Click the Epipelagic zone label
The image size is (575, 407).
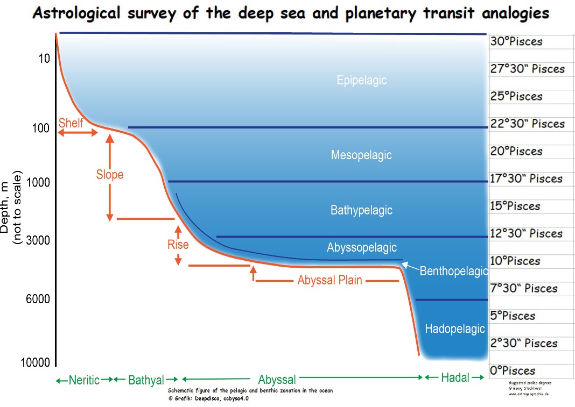click(x=362, y=81)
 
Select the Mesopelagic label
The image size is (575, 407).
click(x=361, y=155)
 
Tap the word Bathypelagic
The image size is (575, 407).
click(x=361, y=210)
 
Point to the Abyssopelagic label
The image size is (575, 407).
click(x=361, y=247)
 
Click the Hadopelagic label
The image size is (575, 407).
click(x=455, y=329)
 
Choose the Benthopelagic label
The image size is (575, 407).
click(x=453, y=271)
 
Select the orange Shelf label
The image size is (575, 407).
click(x=71, y=123)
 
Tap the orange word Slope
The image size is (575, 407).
click(x=110, y=175)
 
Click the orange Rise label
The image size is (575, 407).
click(x=178, y=245)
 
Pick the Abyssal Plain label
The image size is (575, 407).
click(x=329, y=280)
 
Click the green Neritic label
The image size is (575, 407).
click(x=84, y=380)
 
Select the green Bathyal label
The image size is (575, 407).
click(x=146, y=380)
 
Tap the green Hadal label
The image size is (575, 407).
click(x=455, y=377)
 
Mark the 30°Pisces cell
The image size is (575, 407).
click(x=516, y=41)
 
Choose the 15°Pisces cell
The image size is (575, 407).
click(x=515, y=206)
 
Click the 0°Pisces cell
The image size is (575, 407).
click(x=512, y=370)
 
